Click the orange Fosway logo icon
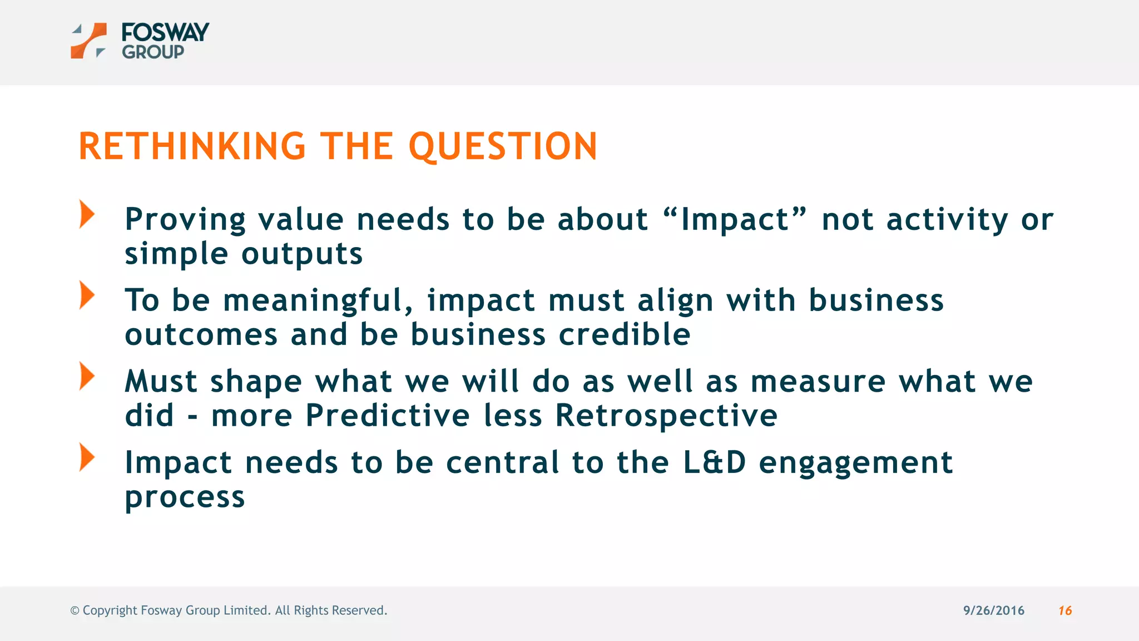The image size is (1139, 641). pyautogui.click(x=88, y=41)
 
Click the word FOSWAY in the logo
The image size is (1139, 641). pyautogui.click(x=165, y=32)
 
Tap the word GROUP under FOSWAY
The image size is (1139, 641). pyautogui.click(x=153, y=52)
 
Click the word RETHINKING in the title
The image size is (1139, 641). pyautogui.click(x=192, y=146)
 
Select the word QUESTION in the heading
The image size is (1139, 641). pyautogui.click(x=503, y=146)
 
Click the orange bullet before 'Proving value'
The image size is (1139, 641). pyautogui.click(x=87, y=214)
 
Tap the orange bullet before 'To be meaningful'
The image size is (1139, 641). pyautogui.click(x=87, y=295)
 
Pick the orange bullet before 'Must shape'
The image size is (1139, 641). pyautogui.click(x=87, y=377)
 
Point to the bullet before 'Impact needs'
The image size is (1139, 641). pyautogui.click(x=87, y=457)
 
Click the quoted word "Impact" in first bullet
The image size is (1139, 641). pyautogui.click(x=735, y=219)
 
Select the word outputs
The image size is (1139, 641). pyautogui.click(x=302, y=254)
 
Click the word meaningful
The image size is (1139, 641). pyautogui.click(x=318, y=300)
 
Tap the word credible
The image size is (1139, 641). pyautogui.click(x=624, y=334)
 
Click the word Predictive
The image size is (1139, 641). pyautogui.click(x=388, y=416)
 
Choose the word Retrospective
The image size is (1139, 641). pyautogui.click(x=666, y=416)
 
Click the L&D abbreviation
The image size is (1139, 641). pyautogui.click(x=714, y=462)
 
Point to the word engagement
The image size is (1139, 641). pyautogui.click(x=855, y=464)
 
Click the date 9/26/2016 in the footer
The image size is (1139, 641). pyautogui.click(x=993, y=610)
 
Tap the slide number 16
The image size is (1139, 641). pyautogui.click(x=1064, y=610)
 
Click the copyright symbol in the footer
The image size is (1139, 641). pyautogui.click(x=75, y=610)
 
